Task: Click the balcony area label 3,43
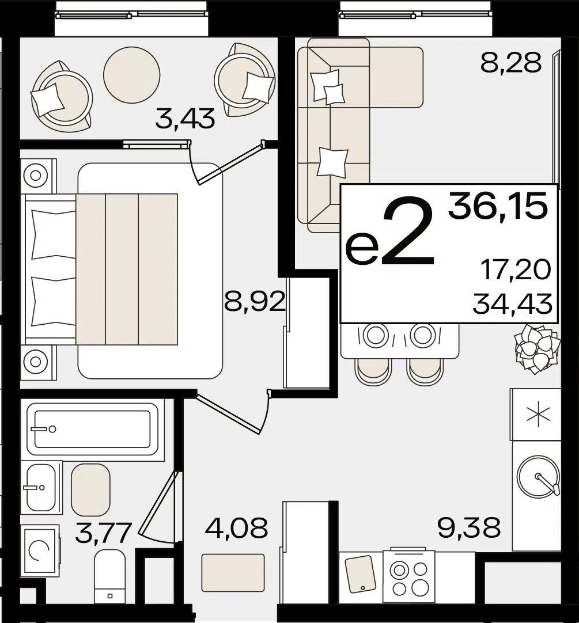[x=186, y=119]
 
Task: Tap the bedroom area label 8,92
[x=255, y=302]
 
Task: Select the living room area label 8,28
[x=511, y=62]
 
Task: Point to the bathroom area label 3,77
[x=103, y=533]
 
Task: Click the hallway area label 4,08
[x=236, y=528]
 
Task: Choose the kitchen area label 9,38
[x=469, y=527]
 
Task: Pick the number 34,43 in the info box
[x=513, y=305]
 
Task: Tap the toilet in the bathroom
[x=110, y=575]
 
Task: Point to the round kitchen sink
[x=539, y=476]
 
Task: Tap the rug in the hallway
[x=233, y=573]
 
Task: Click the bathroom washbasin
[x=41, y=487]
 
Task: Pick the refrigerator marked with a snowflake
[x=535, y=415]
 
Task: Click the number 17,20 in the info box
[x=516, y=270]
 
